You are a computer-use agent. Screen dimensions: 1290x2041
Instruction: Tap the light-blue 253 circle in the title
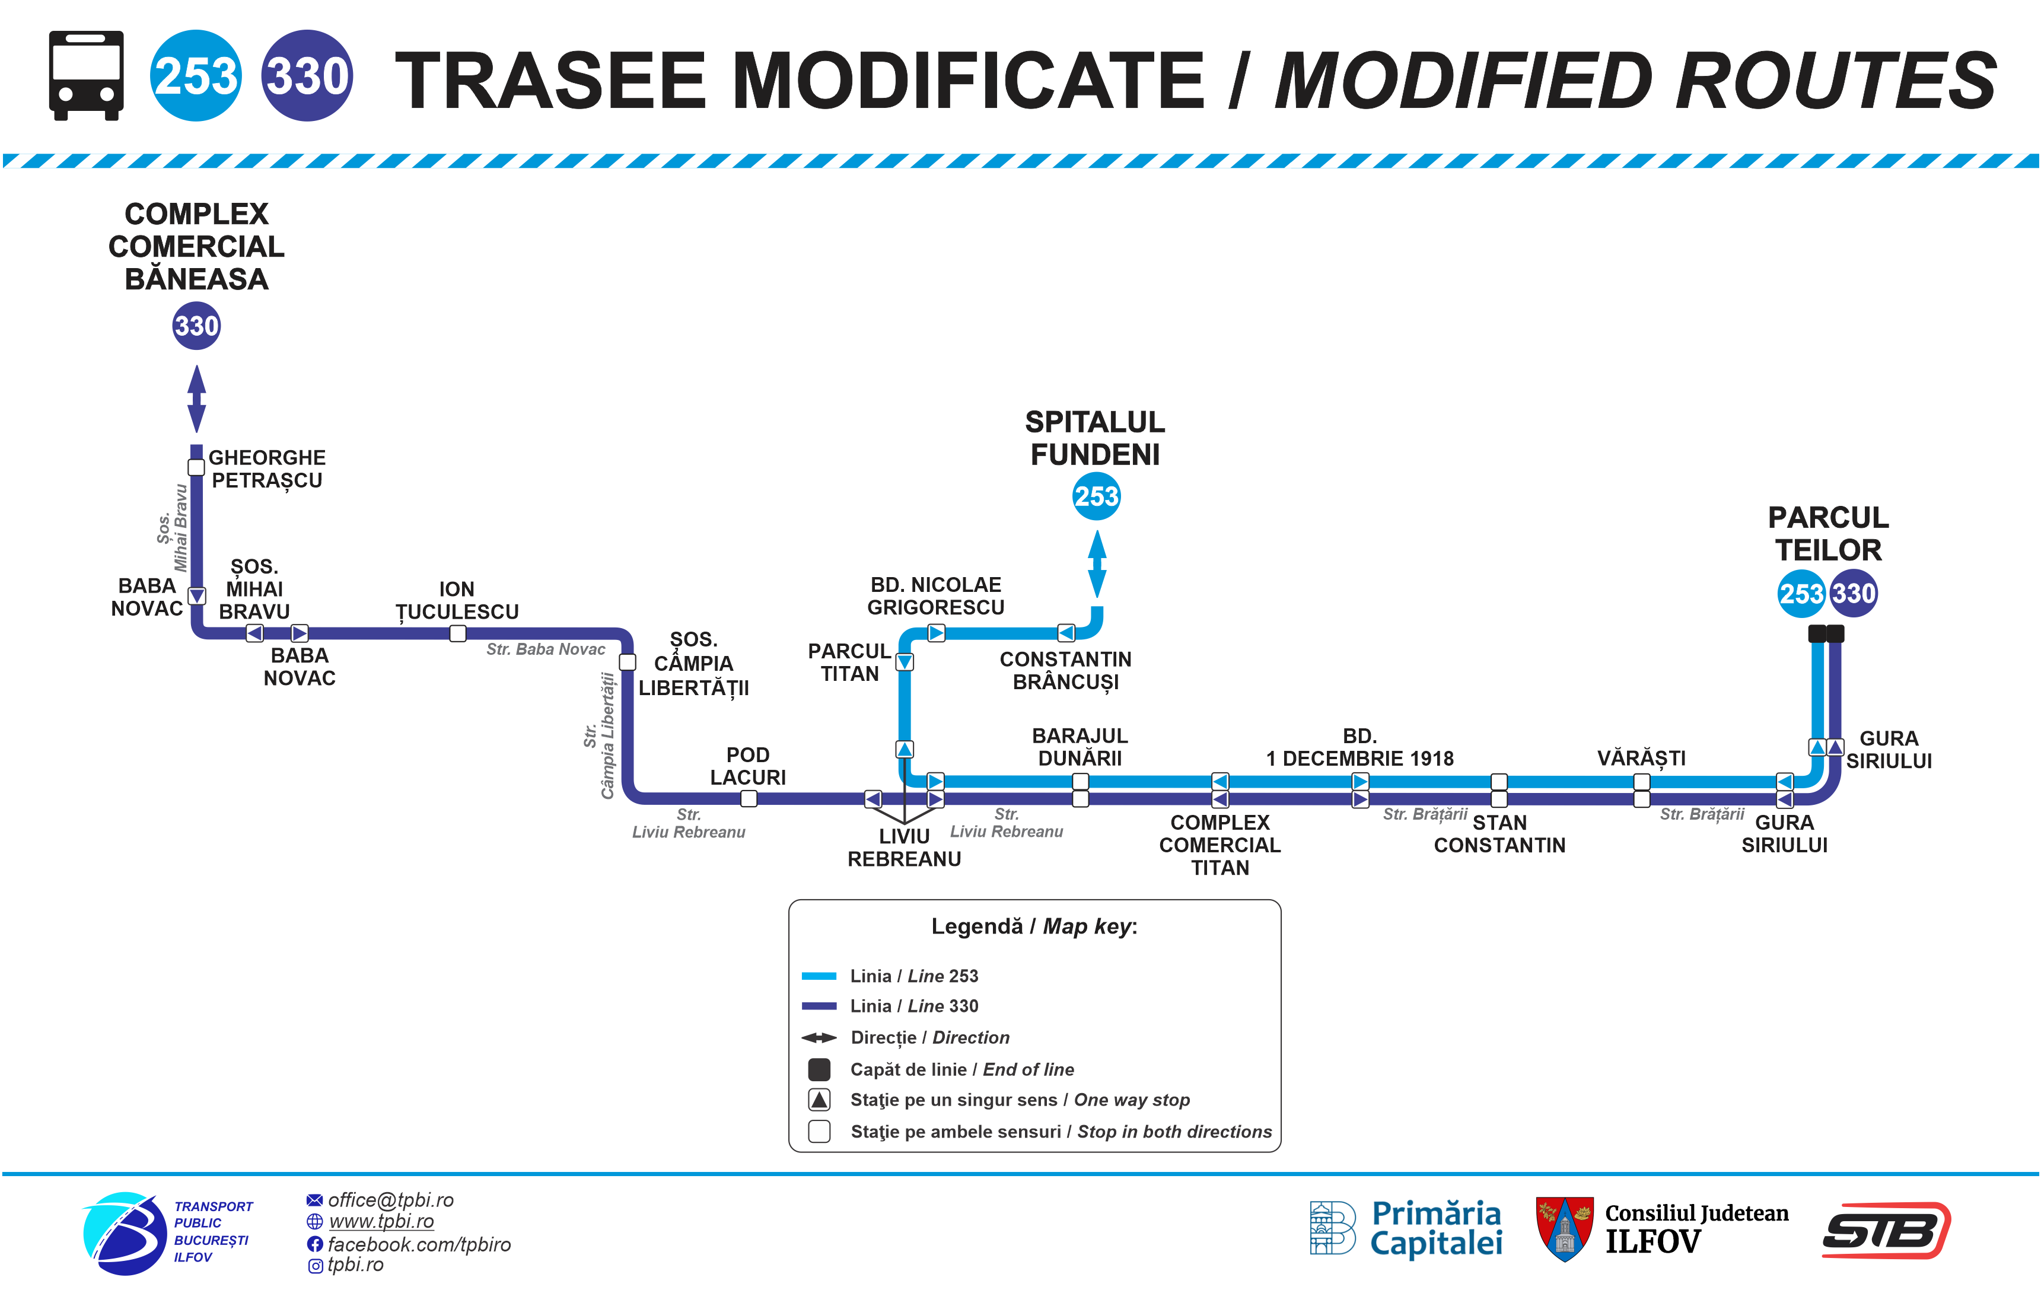[196, 75]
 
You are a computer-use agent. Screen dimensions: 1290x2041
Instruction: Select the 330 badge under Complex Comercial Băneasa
[197, 326]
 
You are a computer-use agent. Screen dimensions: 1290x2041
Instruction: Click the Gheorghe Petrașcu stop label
[267, 469]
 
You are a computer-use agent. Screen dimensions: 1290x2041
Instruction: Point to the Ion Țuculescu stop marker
[458, 633]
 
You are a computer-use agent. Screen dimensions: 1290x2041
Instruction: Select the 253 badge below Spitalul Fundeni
[1096, 496]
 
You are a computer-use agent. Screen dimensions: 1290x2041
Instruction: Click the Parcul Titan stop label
[849, 662]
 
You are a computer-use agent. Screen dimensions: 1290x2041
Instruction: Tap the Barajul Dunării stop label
[1080, 747]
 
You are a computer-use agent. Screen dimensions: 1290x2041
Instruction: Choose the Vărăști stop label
[1641, 758]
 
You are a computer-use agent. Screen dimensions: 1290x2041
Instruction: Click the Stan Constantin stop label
[1499, 834]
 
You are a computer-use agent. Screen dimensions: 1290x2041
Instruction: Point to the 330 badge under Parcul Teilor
[1854, 593]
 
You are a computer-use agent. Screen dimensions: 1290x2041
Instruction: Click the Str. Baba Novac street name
[546, 649]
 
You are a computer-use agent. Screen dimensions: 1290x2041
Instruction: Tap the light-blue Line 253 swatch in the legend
[819, 976]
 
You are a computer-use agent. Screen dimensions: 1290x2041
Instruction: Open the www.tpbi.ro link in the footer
[381, 1221]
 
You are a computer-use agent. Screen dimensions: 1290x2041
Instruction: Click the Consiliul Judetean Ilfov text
[1696, 1228]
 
